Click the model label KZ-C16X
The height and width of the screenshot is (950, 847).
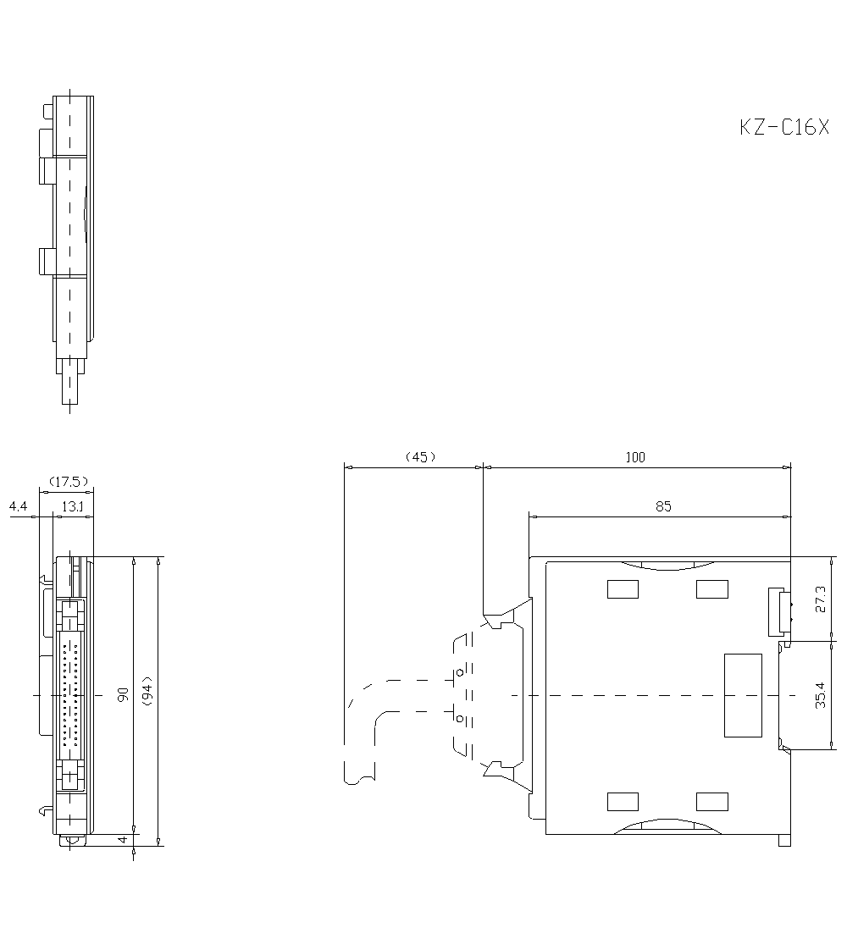tap(784, 127)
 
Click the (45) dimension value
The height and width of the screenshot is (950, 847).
tap(420, 457)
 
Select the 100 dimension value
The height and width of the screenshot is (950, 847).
tap(635, 457)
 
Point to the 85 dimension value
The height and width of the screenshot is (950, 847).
tap(663, 506)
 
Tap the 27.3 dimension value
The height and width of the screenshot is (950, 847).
tap(821, 599)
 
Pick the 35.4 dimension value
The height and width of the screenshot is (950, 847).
tap(821, 695)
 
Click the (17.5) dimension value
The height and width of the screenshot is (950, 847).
tap(69, 482)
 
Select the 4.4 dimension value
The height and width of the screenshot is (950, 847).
tap(18, 505)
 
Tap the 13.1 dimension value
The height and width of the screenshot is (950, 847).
tap(73, 506)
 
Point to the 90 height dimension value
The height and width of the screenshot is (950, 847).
tap(123, 694)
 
